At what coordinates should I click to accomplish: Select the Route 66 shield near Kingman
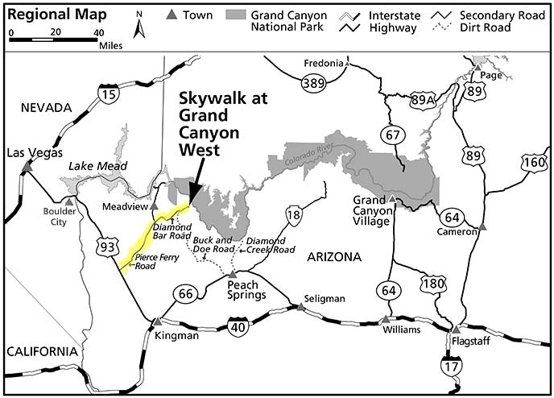(x=184, y=296)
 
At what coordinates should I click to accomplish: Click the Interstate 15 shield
(x=107, y=96)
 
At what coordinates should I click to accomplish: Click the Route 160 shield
(x=533, y=162)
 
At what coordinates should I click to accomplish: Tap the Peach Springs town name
(x=247, y=290)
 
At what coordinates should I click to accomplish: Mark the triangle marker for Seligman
(x=300, y=306)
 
